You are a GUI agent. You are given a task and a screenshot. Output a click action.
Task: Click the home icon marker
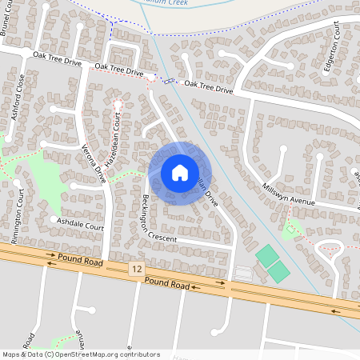pyautogui.click(x=179, y=172)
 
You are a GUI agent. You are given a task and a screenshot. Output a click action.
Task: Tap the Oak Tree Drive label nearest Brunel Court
pyautogui.click(x=57, y=58)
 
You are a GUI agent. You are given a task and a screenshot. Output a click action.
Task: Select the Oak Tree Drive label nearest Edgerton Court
pyautogui.click(x=208, y=86)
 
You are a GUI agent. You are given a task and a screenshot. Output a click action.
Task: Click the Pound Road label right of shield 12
pyautogui.click(x=167, y=284)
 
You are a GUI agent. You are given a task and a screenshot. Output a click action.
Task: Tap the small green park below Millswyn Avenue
pyautogui.click(x=293, y=227)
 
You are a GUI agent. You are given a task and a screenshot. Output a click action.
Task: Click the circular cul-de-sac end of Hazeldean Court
pyautogui.click(x=118, y=104)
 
